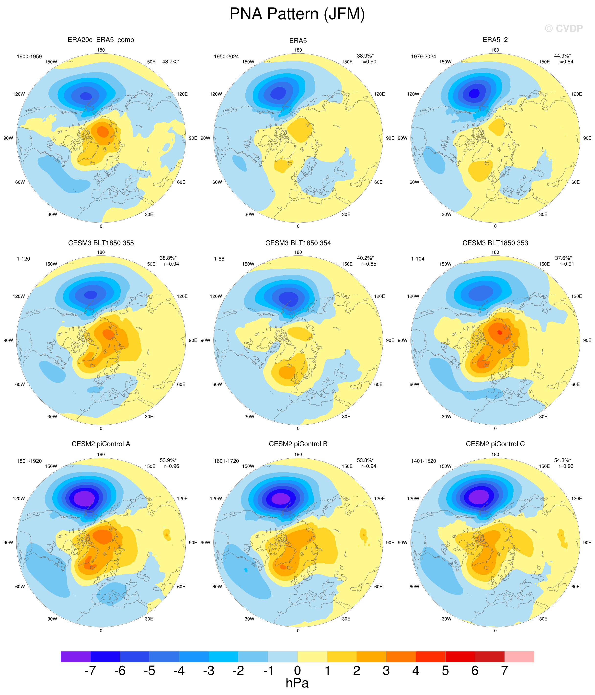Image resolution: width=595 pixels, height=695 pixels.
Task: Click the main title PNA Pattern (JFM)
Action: (x=297, y=14)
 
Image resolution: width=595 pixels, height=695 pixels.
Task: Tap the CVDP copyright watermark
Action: (x=564, y=29)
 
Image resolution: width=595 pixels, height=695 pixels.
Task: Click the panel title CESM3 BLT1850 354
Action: (x=298, y=243)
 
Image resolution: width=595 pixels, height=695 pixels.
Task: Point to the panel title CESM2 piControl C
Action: (x=495, y=444)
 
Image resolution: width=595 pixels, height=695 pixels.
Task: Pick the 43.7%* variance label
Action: (x=170, y=62)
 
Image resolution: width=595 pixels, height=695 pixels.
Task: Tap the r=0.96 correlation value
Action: (x=172, y=466)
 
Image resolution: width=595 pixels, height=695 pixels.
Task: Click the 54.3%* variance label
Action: (x=562, y=460)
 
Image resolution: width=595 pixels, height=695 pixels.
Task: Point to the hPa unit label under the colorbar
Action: (x=297, y=683)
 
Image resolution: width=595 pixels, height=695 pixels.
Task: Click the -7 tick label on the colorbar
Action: (x=90, y=670)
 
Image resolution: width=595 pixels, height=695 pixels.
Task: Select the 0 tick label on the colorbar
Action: (x=297, y=670)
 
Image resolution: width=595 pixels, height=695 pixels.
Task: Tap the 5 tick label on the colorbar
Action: (x=446, y=670)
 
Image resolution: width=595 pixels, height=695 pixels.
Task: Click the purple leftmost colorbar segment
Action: (x=75, y=656)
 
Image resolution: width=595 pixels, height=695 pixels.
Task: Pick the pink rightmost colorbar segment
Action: (x=519, y=656)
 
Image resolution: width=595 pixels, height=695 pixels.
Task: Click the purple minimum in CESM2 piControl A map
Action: (x=84, y=498)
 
